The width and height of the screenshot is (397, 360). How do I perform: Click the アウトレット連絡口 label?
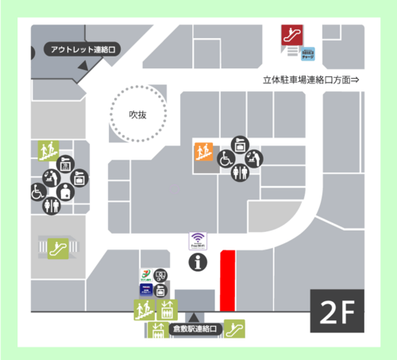[83, 50]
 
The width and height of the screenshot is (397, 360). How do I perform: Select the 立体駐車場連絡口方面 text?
[311, 80]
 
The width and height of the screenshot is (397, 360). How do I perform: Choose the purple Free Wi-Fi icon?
[198, 240]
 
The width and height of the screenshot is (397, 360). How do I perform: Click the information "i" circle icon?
[198, 261]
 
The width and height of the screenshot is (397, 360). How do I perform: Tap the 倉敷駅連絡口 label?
[194, 328]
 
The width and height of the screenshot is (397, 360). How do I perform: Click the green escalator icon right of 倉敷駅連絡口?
[234, 327]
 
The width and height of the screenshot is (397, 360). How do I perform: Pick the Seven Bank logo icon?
[146, 277]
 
